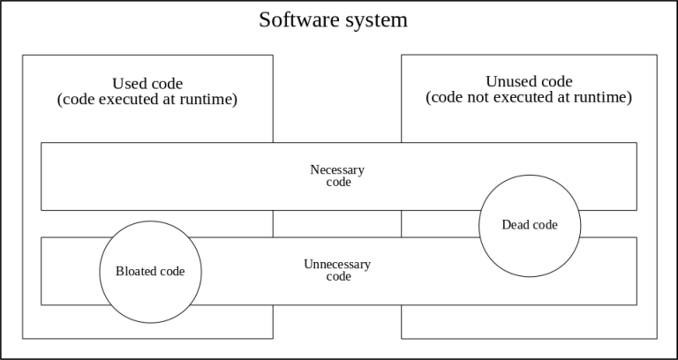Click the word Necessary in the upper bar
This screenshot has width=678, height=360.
(337, 169)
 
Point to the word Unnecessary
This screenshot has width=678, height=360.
(337, 265)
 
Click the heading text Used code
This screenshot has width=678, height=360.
(147, 84)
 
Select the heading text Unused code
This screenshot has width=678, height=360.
(529, 82)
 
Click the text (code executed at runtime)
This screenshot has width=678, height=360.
(147, 100)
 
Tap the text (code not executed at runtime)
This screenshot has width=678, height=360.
(529, 97)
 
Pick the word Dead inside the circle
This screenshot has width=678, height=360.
(512, 225)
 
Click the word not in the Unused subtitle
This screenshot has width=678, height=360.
(478, 98)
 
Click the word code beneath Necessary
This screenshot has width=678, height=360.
(339, 183)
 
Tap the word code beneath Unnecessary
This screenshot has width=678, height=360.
(339, 276)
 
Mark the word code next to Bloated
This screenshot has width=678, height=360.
(172, 272)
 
